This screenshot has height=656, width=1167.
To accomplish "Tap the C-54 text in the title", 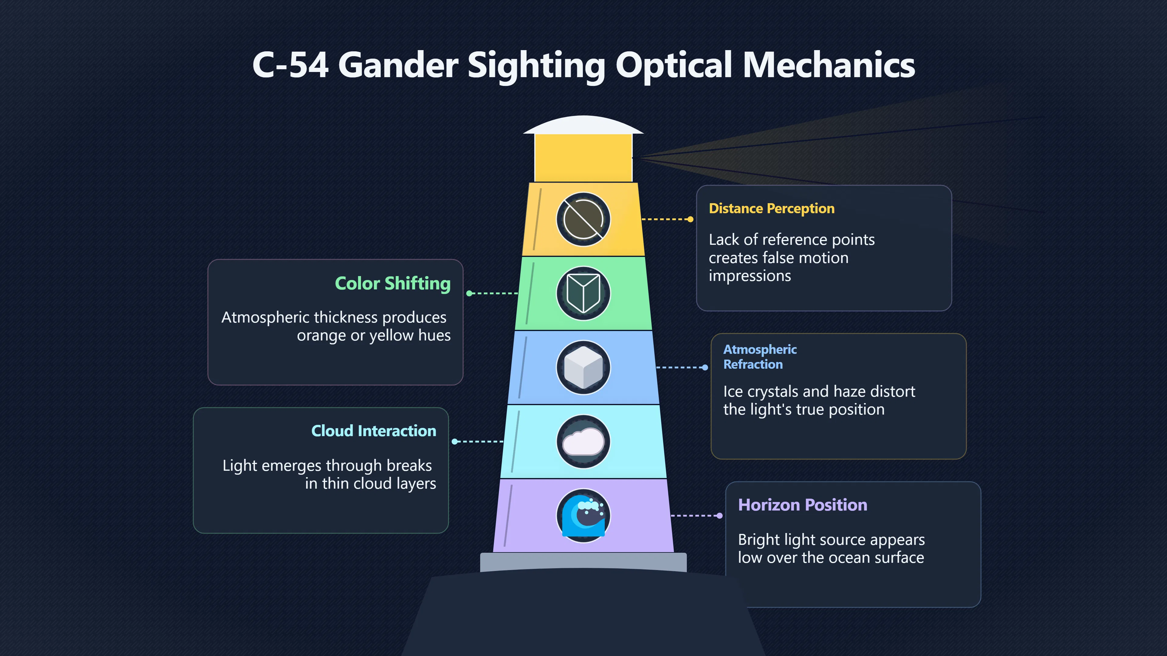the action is pos(291,65).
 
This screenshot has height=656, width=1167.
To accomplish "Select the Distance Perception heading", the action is pos(772,209).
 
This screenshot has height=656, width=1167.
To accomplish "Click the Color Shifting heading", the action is pos(393,284).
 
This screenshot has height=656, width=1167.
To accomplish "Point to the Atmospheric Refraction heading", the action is pos(760,357).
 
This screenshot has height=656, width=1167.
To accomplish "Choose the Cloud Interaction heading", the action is pos(374,431).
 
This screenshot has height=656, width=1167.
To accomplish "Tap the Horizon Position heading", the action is pos(802,505).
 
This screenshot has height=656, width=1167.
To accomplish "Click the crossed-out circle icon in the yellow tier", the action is pos(583,220).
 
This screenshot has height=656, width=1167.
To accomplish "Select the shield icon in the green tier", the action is pos(583,293).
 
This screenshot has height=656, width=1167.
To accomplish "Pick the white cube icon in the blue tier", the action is pos(583,367).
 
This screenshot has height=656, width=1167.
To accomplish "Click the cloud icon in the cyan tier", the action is pos(583,441).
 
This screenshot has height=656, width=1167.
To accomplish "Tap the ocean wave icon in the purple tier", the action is pos(583,516).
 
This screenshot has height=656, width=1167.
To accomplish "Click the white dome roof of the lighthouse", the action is pos(583,125).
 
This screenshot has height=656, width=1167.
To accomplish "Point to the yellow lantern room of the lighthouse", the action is pos(583,158).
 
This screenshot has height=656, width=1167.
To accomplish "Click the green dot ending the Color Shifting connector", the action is pos(469,293).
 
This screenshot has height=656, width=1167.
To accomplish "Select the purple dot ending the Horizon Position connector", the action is pos(719,516).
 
